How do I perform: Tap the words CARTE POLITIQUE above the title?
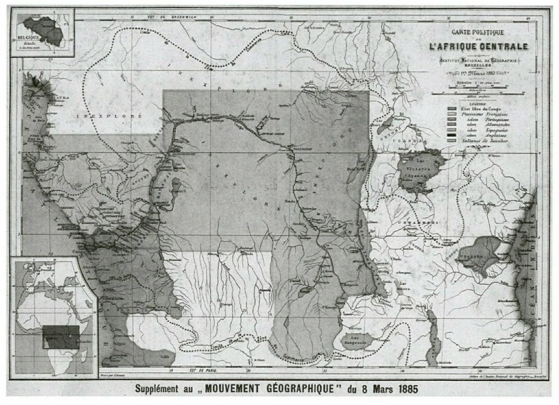pos(478,33)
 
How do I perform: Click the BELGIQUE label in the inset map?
pos(29,39)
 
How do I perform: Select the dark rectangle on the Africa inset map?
pos(61,337)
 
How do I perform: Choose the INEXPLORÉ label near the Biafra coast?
pos(109,116)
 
